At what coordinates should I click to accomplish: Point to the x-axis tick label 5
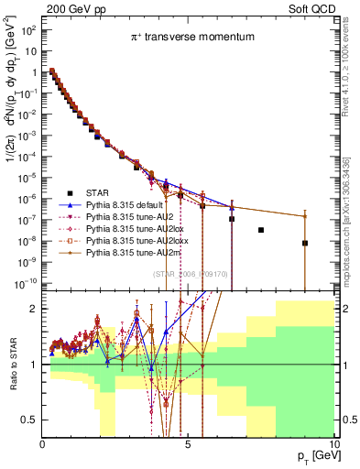[188, 443]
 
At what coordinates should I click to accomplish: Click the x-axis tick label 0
[43, 443]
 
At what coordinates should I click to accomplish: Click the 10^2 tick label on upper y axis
[29, 31]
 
